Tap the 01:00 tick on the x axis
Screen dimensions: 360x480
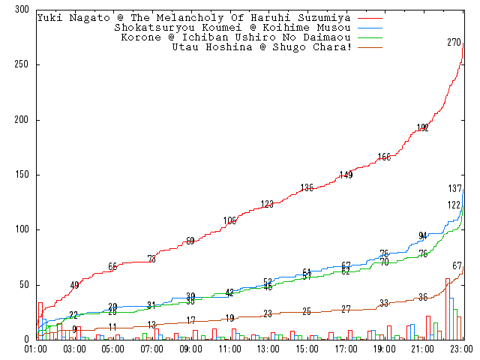point(36,349)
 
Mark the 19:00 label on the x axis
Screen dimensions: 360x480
point(385,349)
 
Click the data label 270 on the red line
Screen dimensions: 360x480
point(454,43)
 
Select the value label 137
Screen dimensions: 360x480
point(454,188)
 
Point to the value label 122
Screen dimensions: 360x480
point(454,205)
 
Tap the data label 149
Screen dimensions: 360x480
point(346,175)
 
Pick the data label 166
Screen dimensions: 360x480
point(384,157)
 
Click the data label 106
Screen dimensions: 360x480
point(229,220)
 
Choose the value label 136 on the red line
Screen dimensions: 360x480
point(307,187)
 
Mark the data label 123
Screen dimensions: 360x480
point(268,204)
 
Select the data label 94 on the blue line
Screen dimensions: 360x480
point(423,236)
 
